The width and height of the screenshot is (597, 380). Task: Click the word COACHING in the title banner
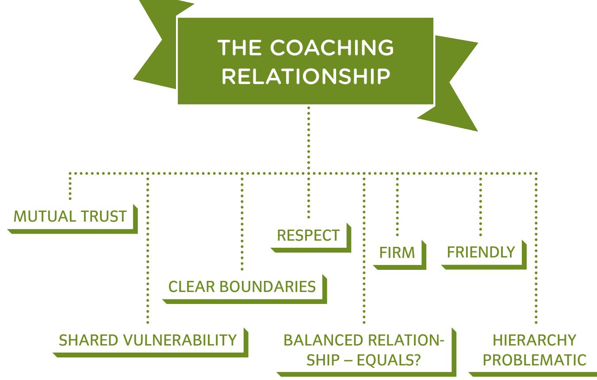point(332,47)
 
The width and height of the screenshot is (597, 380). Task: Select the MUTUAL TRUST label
point(70,216)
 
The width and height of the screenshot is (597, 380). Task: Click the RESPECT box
point(308,235)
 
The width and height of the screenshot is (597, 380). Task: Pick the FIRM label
point(397,253)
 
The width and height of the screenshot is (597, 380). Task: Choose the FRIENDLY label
point(481,252)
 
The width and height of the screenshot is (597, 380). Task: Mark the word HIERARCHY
point(534,340)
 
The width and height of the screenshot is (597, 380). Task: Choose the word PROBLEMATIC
point(534,360)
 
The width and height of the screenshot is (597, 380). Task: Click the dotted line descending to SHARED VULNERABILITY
point(147,248)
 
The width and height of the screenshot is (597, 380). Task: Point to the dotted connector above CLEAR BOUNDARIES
point(242,221)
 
